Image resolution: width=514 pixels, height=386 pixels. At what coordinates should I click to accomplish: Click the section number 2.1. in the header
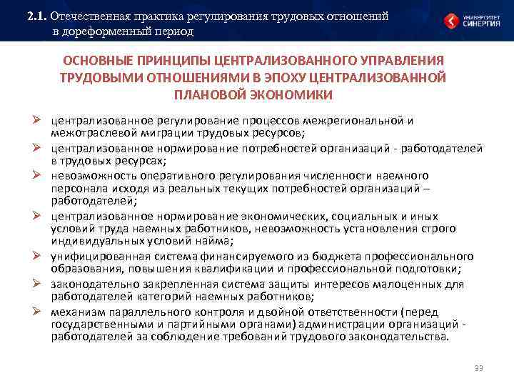[x=36, y=16]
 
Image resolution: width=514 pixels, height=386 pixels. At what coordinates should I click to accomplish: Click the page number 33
[x=478, y=369]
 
